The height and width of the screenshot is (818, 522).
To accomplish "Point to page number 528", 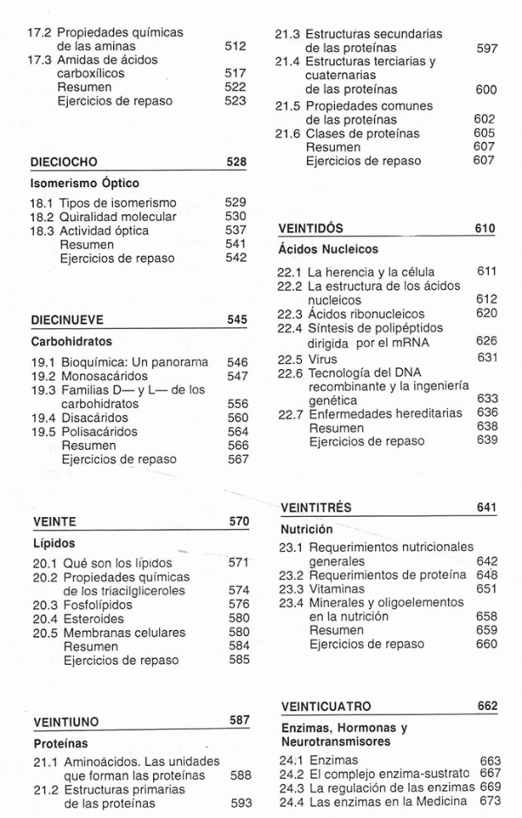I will [x=237, y=162].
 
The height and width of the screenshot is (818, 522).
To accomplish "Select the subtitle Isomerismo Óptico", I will [x=84, y=184].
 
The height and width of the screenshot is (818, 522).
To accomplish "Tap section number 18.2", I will [x=43, y=217].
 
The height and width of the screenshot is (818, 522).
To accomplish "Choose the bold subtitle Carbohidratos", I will [x=71, y=342].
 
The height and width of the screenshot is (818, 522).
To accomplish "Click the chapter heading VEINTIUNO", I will [x=67, y=721].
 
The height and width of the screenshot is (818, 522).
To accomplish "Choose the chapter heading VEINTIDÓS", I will [x=311, y=229].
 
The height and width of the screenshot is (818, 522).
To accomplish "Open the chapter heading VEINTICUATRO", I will [x=328, y=707].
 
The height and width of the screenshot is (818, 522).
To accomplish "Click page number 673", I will [x=491, y=801].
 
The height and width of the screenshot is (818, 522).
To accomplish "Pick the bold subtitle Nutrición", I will [x=307, y=528].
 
